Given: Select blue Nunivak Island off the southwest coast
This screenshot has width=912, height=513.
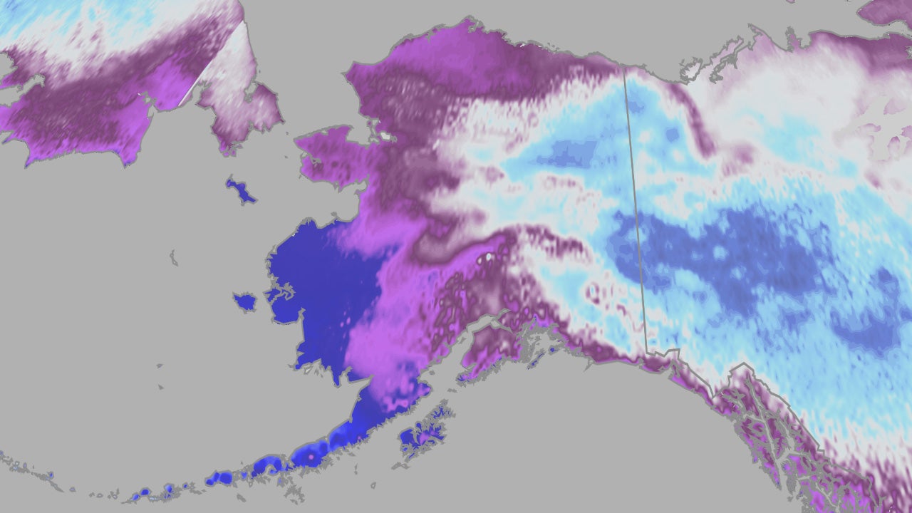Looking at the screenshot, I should (244, 302).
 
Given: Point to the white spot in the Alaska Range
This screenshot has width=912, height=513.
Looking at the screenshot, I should (489, 255).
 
